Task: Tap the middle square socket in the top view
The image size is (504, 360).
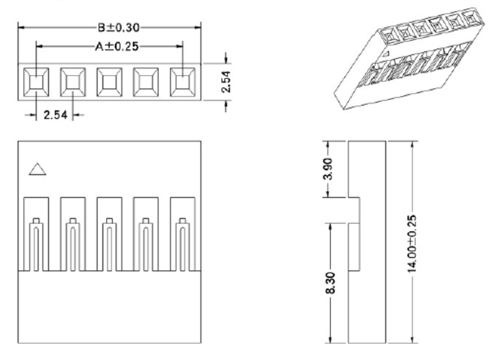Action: tap(109, 82)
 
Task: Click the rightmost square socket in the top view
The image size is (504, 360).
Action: tap(182, 82)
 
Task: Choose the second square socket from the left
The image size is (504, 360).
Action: tap(72, 82)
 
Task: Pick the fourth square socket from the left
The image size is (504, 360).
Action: tap(145, 82)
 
